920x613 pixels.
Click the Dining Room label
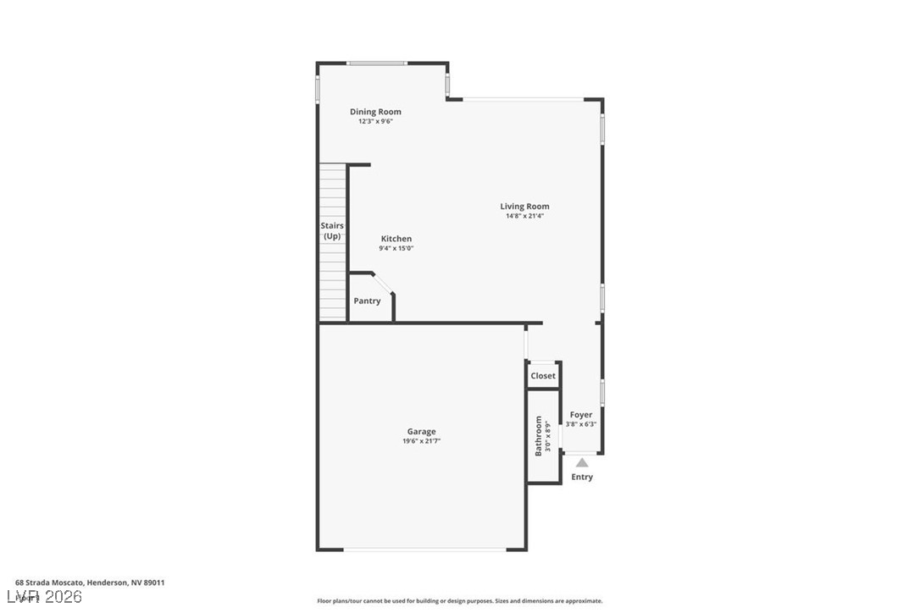(375, 112)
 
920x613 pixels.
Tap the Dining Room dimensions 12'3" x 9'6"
(375, 122)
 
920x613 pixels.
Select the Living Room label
(524, 207)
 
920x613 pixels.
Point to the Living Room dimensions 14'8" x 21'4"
(524, 217)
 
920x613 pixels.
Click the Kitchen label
(396, 239)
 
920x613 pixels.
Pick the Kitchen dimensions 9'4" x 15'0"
(396, 249)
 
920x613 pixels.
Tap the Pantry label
(367, 301)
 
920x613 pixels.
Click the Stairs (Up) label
(332, 230)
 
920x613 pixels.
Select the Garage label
(421, 432)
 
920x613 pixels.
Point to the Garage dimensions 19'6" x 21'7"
(421, 441)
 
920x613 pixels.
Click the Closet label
(543, 376)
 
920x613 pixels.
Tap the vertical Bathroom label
(538, 436)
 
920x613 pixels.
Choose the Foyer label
(581, 415)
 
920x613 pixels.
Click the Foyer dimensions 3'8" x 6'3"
(581, 424)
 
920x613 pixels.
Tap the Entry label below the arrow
(582, 478)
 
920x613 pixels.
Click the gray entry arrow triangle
(582, 463)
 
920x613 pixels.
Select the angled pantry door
(382, 284)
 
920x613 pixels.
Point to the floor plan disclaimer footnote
(460, 601)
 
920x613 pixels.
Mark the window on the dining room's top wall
(375, 63)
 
